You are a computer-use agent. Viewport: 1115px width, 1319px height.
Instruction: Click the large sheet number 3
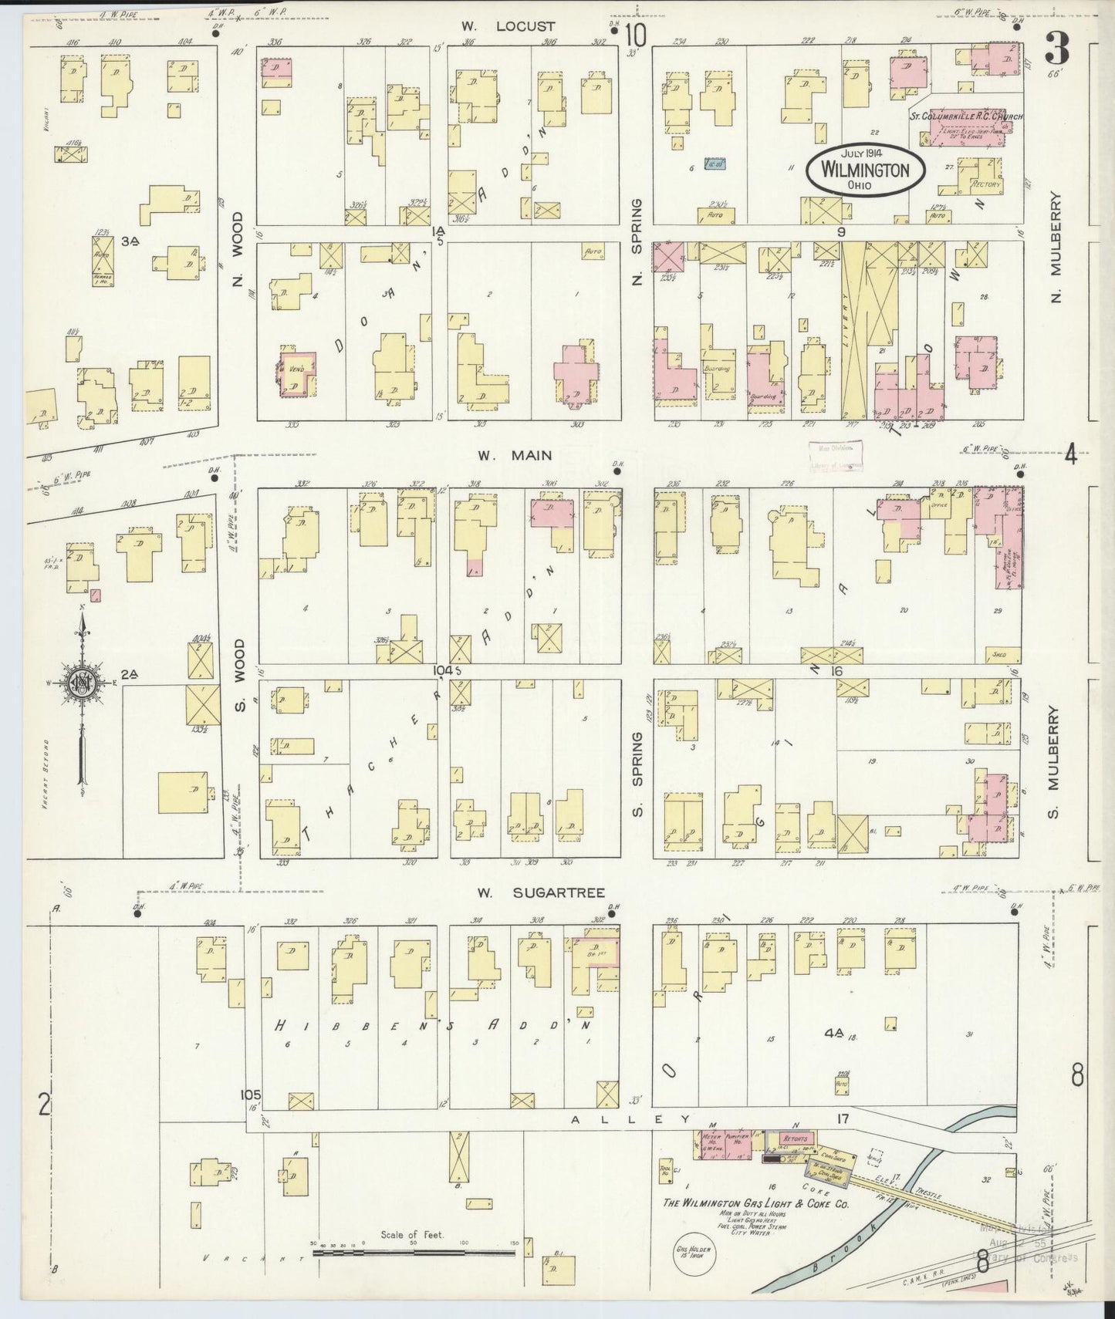pyautogui.click(x=1057, y=52)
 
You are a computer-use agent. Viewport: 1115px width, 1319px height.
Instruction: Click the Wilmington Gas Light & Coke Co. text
pyautogui.click(x=755, y=1203)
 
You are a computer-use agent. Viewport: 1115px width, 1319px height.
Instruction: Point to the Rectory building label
pyautogui.click(x=986, y=185)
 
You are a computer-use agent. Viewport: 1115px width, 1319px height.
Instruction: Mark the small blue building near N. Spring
pyautogui.click(x=716, y=164)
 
